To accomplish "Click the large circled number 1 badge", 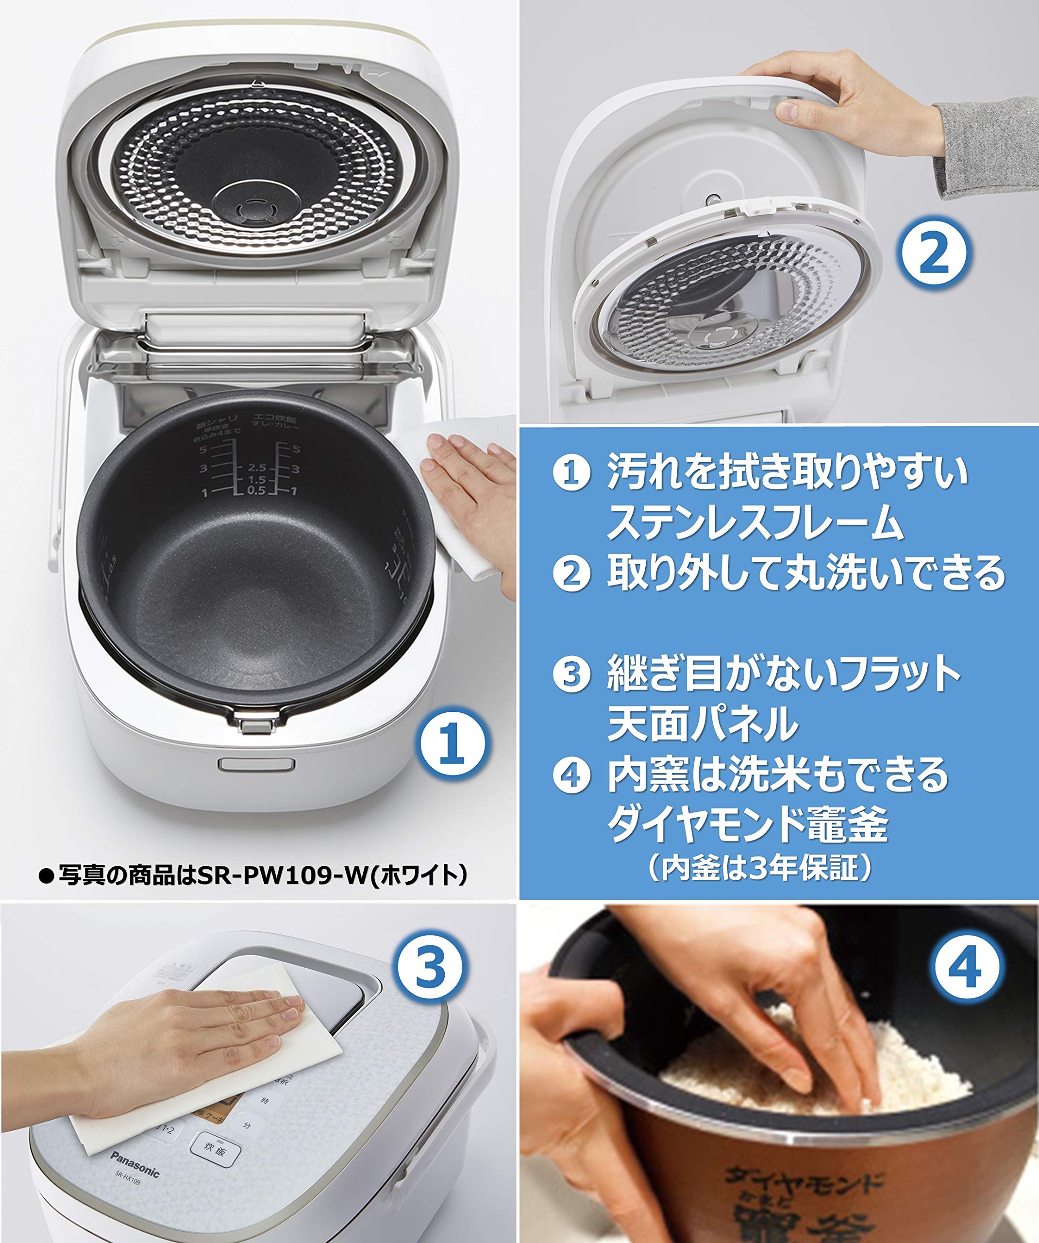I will click(x=452, y=744).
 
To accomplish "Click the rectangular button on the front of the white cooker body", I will click(x=256, y=764).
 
